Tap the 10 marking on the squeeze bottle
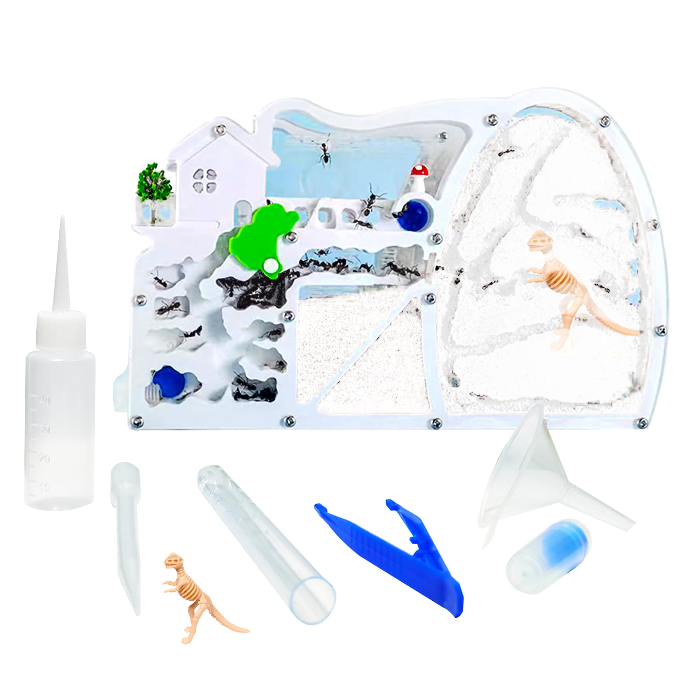(x=44, y=487)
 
